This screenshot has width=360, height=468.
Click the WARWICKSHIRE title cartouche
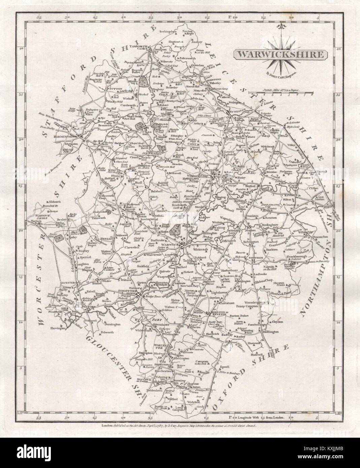[x=280, y=54]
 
